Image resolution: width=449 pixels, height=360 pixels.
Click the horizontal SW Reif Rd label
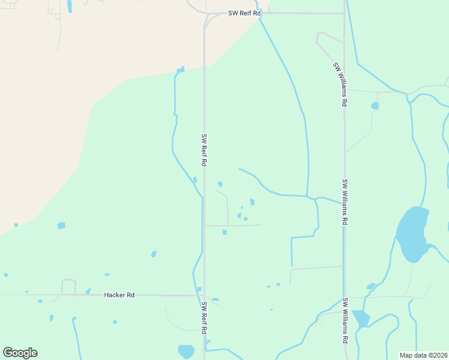coord(244,13)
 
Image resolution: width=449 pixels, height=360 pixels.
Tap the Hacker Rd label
coord(119,295)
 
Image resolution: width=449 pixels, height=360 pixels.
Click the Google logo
coord(20,353)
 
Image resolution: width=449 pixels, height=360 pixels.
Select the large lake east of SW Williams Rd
coord(412,234)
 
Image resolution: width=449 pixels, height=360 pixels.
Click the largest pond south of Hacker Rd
coord(186,351)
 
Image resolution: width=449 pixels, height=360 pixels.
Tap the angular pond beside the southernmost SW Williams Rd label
coord(361,318)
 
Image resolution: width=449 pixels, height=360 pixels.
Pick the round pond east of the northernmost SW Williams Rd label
coord(375,106)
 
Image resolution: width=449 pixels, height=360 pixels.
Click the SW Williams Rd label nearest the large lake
coord(345,202)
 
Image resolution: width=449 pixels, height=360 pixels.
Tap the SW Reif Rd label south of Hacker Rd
coord(204,318)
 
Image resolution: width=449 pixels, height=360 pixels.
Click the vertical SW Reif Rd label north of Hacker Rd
coord(204,150)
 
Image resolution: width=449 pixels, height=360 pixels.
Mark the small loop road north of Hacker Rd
coord(68,286)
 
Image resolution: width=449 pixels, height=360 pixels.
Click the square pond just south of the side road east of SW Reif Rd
coord(224,232)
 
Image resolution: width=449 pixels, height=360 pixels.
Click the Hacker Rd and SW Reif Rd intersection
coord(204,295)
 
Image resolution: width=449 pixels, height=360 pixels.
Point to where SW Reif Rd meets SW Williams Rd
coord(345,13)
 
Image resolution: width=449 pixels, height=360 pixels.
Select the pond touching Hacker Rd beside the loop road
coord(88,291)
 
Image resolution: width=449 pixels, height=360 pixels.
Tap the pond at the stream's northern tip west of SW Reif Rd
coord(180,70)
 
